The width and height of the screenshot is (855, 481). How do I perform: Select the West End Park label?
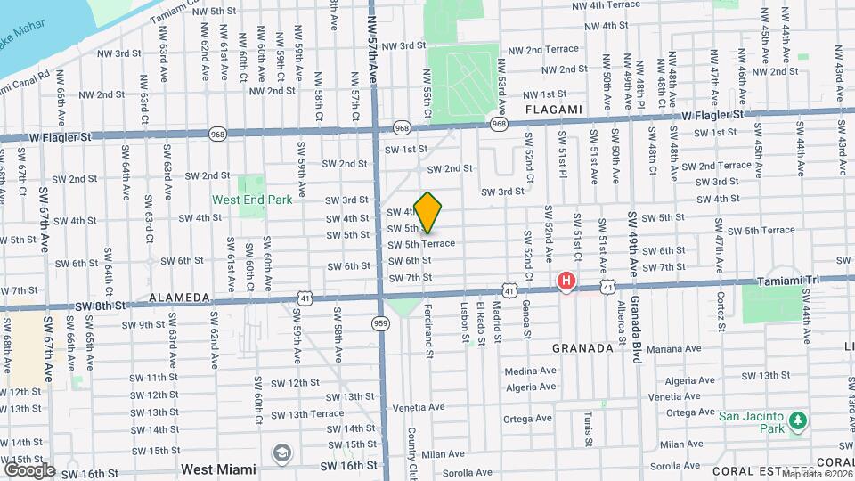[252, 200]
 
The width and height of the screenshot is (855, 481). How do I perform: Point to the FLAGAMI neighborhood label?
[553, 110]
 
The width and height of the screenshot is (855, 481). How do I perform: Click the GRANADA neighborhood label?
[583, 348]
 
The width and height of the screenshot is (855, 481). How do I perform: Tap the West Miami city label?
[218, 469]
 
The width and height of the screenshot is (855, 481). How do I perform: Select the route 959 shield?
[381, 324]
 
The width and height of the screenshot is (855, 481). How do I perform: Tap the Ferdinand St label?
[428, 329]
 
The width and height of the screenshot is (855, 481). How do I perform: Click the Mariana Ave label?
[682, 349]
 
